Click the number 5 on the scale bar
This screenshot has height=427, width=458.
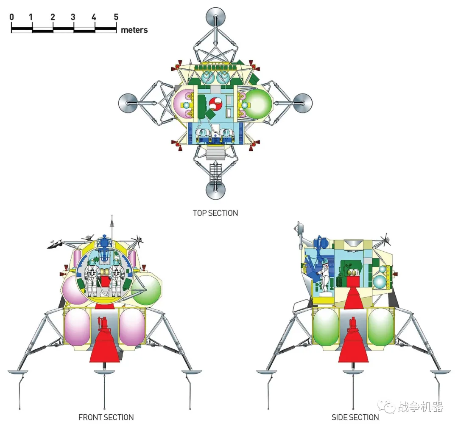pyautogui.click(x=116, y=17)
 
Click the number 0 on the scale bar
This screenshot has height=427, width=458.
pyautogui.click(x=11, y=17)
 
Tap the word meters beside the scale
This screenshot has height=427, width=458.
pyautogui.click(x=134, y=30)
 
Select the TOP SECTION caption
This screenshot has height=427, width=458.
pyautogui.click(x=215, y=213)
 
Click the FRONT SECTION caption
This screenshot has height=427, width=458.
pyautogui.click(x=106, y=417)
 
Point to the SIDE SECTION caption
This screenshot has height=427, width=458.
pyautogui.click(x=355, y=417)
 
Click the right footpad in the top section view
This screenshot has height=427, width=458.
pyautogui.click(x=303, y=102)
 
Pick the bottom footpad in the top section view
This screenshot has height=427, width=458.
pyautogui.click(x=215, y=190)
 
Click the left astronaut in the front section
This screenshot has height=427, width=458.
pyautogui.click(x=92, y=278)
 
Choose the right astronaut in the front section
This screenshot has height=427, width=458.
pyautogui.click(x=115, y=278)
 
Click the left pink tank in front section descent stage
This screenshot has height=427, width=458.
pyautogui.click(x=77, y=327)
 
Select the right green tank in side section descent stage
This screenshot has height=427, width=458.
pyautogui.click(x=380, y=327)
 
